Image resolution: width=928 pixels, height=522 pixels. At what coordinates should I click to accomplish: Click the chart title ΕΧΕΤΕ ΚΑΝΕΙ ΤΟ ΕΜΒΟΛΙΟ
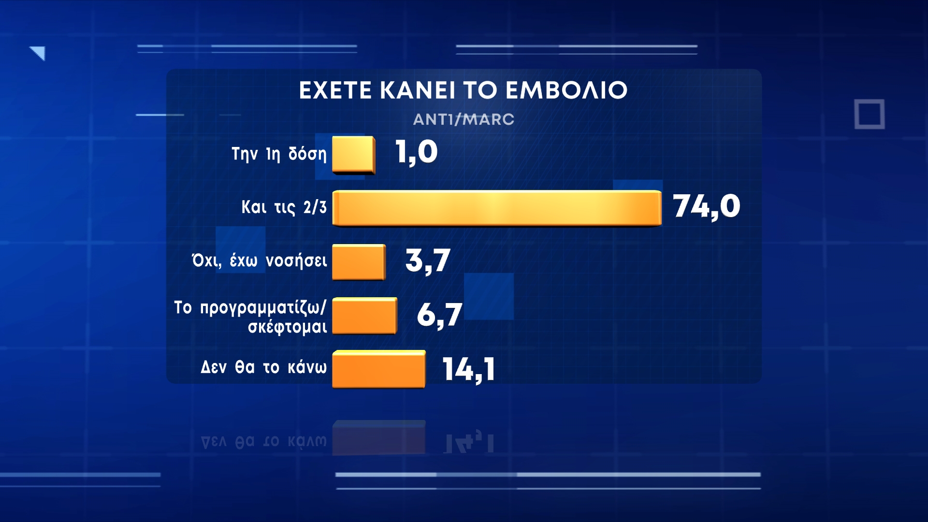pyautogui.click(x=463, y=90)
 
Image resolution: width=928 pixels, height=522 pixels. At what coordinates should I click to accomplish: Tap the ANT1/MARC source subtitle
pyautogui.click(x=464, y=119)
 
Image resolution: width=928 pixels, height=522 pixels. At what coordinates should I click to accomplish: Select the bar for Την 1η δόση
pyautogui.click(x=354, y=155)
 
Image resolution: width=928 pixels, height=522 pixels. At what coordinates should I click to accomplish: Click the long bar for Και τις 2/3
pyautogui.click(x=497, y=208)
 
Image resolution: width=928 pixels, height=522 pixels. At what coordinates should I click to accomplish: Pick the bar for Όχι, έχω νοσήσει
pyautogui.click(x=359, y=262)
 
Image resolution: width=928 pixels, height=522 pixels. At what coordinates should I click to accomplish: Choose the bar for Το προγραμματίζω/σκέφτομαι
pyautogui.click(x=365, y=316)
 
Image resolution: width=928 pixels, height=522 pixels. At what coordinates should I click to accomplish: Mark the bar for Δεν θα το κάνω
pyautogui.click(x=379, y=369)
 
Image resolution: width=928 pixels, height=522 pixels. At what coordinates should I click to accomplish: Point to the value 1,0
pyautogui.click(x=416, y=152)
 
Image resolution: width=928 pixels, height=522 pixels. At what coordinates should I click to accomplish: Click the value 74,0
pyautogui.click(x=706, y=207)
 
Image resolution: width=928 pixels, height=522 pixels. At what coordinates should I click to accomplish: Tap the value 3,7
pyautogui.click(x=428, y=261)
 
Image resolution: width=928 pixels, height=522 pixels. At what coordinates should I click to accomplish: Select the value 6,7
pyautogui.click(x=439, y=315)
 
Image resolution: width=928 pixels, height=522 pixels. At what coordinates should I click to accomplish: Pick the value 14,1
pyautogui.click(x=469, y=370)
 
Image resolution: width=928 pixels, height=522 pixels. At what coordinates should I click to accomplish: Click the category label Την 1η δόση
pyautogui.click(x=279, y=154)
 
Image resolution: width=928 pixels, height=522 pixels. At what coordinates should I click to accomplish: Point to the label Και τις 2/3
pyautogui.click(x=284, y=207)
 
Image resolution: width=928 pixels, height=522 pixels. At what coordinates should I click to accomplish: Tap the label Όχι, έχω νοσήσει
pyautogui.click(x=260, y=261)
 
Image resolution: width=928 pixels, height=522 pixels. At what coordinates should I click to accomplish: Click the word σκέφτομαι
pyautogui.click(x=288, y=327)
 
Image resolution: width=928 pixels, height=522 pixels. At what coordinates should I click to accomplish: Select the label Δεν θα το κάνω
pyautogui.click(x=264, y=367)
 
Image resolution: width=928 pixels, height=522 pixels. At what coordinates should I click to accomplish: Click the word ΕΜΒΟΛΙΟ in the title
pyautogui.click(x=566, y=90)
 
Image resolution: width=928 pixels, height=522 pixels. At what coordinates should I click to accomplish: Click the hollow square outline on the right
pyautogui.click(x=870, y=115)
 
